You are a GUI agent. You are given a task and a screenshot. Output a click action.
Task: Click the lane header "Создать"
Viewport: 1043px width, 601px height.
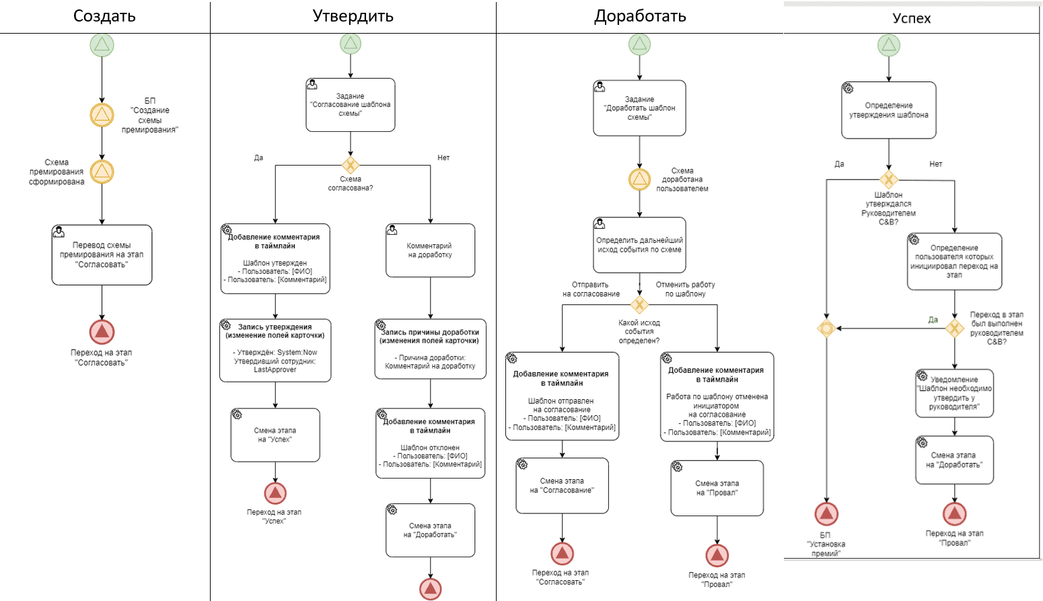tap(104, 16)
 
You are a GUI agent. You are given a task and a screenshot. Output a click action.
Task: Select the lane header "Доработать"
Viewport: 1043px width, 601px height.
tap(640, 16)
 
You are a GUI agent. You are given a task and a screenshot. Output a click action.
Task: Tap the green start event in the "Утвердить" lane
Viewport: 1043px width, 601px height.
tap(351, 44)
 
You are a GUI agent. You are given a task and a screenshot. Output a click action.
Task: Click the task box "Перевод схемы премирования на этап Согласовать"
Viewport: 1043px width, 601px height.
tap(102, 254)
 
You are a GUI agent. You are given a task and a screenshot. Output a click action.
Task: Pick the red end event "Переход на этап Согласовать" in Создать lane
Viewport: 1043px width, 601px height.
tap(102, 331)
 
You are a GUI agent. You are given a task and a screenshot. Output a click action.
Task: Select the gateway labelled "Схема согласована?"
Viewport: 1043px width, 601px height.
tap(351, 165)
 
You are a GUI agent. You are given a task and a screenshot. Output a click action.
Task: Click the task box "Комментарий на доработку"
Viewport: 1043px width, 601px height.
tap(430, 250)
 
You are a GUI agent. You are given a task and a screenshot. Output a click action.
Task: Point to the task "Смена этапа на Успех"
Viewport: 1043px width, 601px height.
tap(275, 435)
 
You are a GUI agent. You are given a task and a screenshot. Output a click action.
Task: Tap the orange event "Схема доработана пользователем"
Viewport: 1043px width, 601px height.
tap(640, 179)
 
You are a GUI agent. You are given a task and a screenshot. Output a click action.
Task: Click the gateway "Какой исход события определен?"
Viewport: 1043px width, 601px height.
tap(640, 305)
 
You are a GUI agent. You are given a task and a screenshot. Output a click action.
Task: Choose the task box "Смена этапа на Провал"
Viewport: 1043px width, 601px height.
tap(717, 488)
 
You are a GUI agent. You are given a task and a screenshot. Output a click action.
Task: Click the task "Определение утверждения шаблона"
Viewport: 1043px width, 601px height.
tap(889, 110)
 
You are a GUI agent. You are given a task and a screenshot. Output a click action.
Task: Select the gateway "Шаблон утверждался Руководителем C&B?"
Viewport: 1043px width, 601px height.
tap(889, 180)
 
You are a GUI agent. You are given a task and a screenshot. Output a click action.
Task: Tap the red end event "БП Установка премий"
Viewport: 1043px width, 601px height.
tap(826, 514)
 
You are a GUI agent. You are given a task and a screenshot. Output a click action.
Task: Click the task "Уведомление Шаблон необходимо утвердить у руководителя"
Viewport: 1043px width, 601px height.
tap(955, 393)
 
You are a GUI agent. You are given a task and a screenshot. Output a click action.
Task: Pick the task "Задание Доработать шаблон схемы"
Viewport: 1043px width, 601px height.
tap(640, 108)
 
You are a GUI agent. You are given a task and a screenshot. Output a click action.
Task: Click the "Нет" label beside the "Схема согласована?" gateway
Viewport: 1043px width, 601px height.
tap(443, 157)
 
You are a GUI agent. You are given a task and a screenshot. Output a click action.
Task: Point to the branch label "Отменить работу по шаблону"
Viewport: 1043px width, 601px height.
tap(686, 289)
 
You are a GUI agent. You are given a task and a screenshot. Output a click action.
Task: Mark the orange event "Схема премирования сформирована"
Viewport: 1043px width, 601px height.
tap(102, 172)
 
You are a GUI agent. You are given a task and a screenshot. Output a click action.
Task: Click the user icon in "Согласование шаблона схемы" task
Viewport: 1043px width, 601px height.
tap(312, 85)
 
